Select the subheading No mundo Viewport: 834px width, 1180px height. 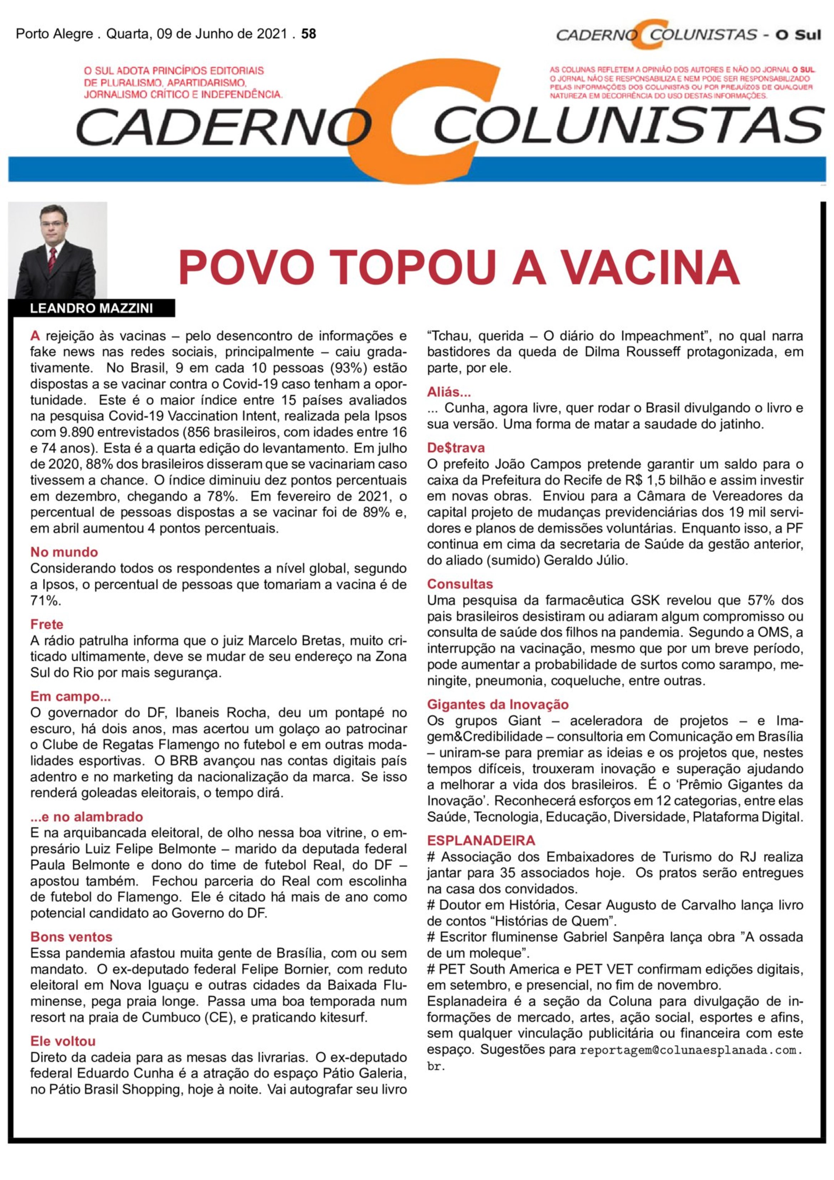tap(64, 552)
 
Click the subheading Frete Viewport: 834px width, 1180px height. tap(47, 624)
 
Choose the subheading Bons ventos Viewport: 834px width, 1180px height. tap(71, 937)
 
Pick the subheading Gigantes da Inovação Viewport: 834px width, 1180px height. tap(498, 704)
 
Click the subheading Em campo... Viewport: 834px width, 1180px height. tap(71, 696)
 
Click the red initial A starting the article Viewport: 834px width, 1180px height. tap(35, 336)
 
